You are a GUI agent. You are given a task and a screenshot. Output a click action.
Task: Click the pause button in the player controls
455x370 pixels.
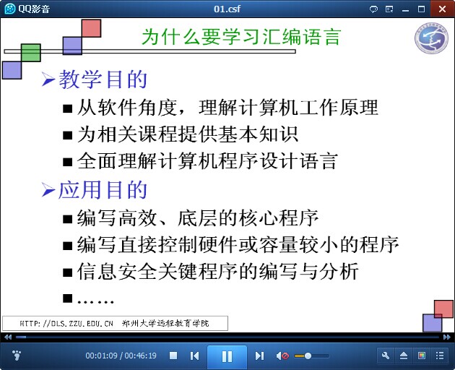click(x=227, y=356)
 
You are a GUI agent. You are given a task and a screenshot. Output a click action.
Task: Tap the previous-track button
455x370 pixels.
click(x=194, y=356)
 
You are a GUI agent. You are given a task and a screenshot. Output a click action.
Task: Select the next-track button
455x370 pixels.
click(x=259, y=356)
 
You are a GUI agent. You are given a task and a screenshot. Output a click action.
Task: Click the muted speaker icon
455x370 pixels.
click(x=282, y=356)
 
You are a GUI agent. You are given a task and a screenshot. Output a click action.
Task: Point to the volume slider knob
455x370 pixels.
click(x=308, y=356)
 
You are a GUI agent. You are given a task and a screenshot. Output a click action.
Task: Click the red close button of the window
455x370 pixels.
click(x=442, y=9)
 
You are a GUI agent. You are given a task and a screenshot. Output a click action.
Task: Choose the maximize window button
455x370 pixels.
click(x=421, y=9)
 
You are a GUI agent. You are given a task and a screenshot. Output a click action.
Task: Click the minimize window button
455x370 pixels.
click(x=405, y=10)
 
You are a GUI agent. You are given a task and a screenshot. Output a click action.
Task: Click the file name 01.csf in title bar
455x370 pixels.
click(x=227, y=9)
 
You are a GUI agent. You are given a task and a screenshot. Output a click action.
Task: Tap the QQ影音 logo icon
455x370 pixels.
click(x=10, y=9)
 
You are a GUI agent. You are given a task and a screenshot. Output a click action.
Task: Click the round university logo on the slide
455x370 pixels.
click(x=431, y=38)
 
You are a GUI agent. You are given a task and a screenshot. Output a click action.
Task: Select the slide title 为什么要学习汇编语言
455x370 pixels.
click(x=241, y=37)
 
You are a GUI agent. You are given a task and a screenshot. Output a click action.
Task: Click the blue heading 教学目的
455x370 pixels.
click(x=103, y=79)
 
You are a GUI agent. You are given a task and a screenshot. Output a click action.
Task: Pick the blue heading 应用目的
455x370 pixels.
click(x=103, y=190)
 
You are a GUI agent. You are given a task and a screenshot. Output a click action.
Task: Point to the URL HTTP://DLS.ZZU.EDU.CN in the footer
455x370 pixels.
click(x=66, y=323)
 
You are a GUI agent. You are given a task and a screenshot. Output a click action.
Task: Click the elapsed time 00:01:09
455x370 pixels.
click(x=101, y=356)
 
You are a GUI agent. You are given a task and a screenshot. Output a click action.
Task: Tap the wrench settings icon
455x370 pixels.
click(x=386, y=356)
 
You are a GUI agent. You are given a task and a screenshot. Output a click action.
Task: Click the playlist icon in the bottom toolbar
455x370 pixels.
click(x=440, y=356)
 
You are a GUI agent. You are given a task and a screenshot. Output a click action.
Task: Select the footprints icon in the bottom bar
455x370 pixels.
click(x=17, y=356)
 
